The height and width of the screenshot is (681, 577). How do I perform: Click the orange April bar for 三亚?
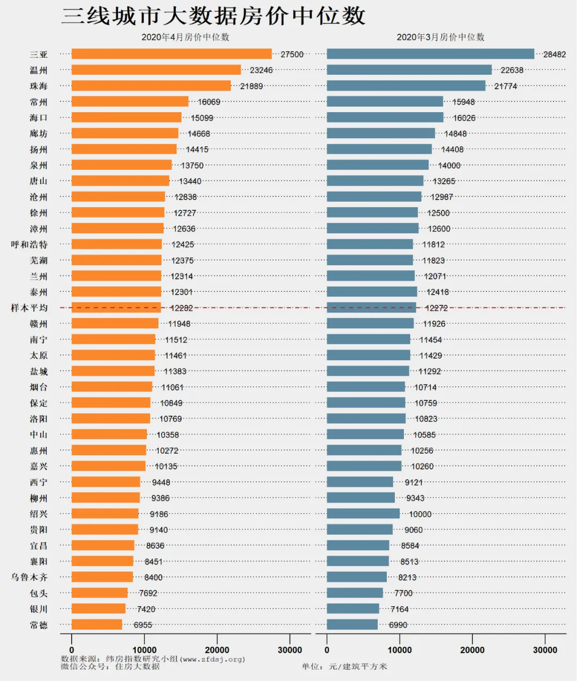point(171,54)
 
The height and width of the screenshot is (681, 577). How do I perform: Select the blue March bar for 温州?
point(409,70)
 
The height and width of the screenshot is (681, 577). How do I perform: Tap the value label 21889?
point(252,86)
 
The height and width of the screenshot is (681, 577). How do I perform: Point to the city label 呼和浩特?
point(29,244)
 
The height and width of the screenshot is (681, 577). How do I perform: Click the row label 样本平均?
point(29,308)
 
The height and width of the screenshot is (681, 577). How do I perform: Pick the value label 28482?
point(555,54)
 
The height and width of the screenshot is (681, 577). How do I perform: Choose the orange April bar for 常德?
point(97,624)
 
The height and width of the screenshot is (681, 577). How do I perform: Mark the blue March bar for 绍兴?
point(363,514)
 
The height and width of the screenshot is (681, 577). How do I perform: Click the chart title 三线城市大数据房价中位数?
point(214,16)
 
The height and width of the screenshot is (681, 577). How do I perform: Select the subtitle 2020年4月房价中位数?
point(185,37)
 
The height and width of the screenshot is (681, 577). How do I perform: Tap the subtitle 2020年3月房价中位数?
point(441,37)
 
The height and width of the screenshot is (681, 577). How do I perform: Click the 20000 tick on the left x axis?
point(217,650)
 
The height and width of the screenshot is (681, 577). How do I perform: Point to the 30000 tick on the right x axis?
point(545,650)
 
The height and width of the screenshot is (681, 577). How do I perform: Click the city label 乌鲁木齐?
point(29,577)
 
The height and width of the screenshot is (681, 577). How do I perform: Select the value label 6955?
point(143,625)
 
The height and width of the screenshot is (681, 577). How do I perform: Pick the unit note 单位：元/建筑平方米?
point(345,667)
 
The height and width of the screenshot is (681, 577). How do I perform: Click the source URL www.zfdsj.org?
point(214,659)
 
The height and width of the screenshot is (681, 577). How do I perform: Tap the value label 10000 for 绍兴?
point(420,514)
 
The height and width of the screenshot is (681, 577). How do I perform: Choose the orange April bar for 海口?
point(127,117)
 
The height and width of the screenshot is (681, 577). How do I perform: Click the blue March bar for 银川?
point(353,609)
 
